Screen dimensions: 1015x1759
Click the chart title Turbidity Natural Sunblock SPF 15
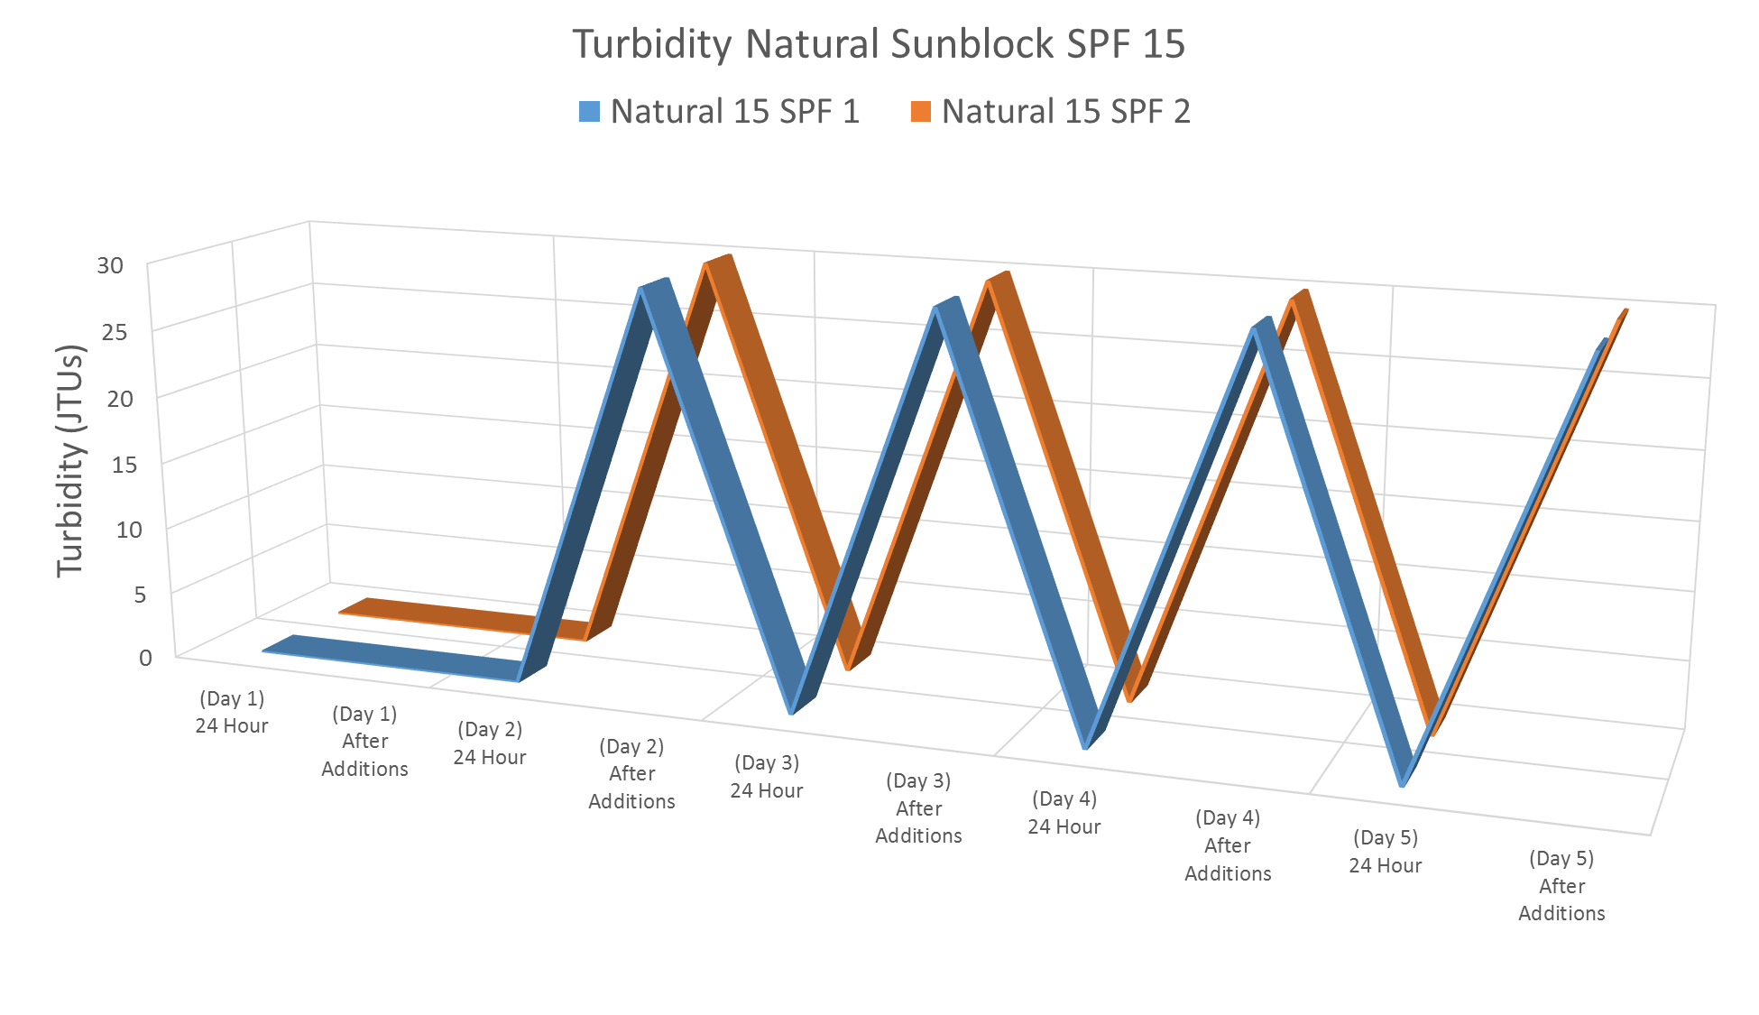[879, 44]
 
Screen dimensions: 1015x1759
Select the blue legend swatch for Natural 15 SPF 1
[589, 112]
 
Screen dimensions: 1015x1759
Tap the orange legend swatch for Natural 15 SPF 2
[920, 112]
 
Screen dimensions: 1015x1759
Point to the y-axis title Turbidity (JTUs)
[70, 460]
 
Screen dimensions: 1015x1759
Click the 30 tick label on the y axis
[110, 266]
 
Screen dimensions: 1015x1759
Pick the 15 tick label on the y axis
[124, 465]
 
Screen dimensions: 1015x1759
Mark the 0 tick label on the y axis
[145, 658]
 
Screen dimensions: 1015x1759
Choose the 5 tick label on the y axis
[140, 595]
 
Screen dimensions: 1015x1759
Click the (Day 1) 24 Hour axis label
[232, 712]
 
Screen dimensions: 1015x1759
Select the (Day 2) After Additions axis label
[631, 773]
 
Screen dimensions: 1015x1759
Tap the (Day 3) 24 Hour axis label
[766, 777]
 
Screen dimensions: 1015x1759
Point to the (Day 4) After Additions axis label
[1228, 845]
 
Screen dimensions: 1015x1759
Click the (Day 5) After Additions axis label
[1561, 885]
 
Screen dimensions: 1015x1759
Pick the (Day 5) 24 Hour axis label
[1385, 851]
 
